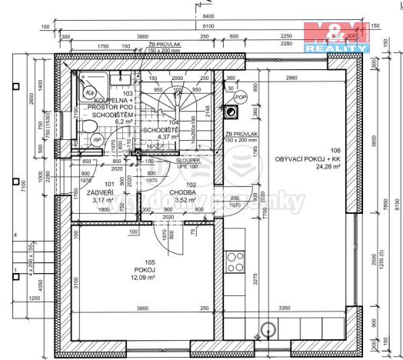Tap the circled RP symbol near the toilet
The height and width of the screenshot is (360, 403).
[x=98, y=139]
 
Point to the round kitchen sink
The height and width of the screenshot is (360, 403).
[x=268, y=328]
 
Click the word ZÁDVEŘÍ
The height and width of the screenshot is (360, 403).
[x=102, y=192]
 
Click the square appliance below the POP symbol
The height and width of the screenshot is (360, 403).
[x=231, y=111]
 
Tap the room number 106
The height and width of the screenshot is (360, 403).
[x=335, y=150]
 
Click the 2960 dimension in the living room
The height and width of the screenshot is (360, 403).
[x=290, y=78]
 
